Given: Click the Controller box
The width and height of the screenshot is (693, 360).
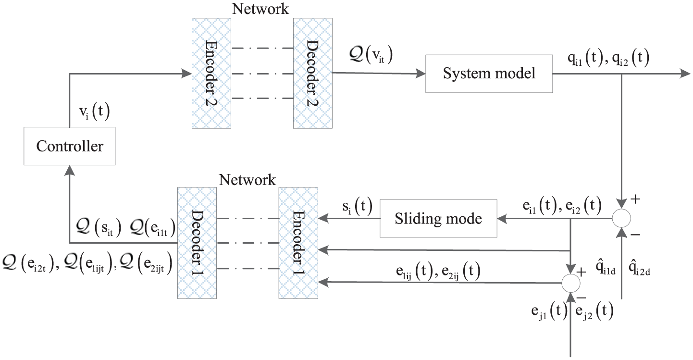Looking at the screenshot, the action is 70,146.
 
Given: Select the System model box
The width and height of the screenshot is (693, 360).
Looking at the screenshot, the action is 489,74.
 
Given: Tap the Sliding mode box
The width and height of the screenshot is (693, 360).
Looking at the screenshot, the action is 438,219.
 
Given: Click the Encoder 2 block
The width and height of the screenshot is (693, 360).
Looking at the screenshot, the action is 211,73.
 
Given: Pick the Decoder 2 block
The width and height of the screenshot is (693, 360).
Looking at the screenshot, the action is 313,73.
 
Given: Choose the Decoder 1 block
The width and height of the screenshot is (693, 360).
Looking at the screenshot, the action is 197,243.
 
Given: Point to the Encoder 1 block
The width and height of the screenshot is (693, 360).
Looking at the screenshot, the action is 298,243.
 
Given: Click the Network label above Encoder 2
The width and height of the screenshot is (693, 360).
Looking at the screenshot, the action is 260,9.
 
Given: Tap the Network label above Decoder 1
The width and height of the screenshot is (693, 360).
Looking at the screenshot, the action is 247,180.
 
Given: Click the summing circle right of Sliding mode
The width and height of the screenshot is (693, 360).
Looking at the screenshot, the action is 621,218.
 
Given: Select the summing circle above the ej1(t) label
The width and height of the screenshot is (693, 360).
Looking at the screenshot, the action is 571,283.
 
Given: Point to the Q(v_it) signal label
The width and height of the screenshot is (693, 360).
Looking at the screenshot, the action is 371,55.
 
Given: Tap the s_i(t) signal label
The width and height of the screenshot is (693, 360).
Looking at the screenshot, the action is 358,206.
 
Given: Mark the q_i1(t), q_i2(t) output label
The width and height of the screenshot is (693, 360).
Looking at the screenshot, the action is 608,58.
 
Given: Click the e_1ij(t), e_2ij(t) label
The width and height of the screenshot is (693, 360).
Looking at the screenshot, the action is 438,271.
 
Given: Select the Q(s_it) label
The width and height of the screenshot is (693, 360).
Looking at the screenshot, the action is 99,227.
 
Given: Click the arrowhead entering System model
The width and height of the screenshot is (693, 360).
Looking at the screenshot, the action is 421,74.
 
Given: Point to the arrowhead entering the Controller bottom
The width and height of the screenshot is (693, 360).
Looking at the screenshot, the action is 70,170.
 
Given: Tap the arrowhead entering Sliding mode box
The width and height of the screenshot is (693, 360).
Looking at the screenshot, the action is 502,219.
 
